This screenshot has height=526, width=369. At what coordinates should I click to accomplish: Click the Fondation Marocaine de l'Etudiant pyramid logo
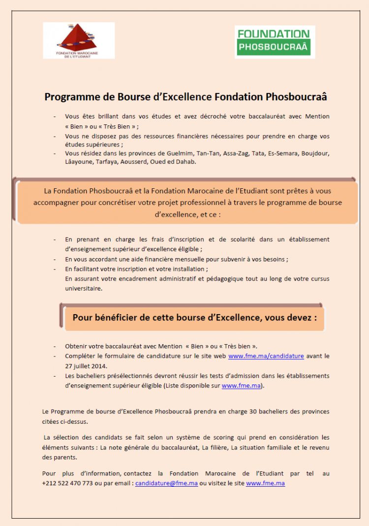(79, 40)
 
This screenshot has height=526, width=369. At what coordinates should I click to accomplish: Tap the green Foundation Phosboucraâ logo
(274, 41)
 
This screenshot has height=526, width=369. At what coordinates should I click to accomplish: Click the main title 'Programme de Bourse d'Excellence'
(185, 97)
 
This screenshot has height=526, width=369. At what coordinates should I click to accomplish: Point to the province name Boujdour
(315, 153)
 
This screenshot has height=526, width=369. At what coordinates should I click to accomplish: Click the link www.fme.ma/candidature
(266, 355)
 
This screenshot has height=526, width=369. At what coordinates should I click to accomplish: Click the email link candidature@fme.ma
(166, 483)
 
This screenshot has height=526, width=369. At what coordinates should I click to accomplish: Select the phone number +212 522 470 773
(67, 483)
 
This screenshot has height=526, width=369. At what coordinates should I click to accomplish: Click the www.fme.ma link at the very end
(265, 483)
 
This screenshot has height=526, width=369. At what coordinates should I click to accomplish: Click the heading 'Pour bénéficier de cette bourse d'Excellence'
(194, 317)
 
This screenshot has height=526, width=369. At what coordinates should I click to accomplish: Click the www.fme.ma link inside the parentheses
(242, 386)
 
